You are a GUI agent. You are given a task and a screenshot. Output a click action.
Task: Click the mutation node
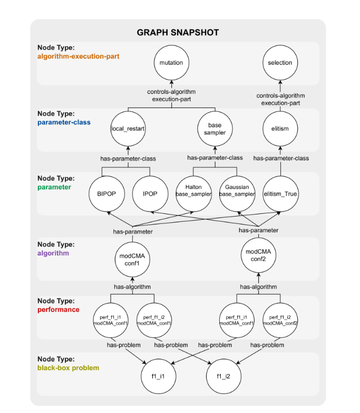tap(171, 63)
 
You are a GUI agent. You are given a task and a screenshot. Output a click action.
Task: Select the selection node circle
tap(280, 63)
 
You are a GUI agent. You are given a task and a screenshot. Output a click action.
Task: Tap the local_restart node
tap(128, 128)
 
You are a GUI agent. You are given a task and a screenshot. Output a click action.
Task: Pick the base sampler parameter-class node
tap(215, 129)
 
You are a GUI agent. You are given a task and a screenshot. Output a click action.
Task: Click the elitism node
tap(280, 128)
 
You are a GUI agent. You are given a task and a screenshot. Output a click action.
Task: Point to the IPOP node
tap(150, 194)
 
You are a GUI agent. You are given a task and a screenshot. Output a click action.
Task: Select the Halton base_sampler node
tap(193, 191)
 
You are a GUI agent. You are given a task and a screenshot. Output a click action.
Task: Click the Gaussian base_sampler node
tap(237, 191)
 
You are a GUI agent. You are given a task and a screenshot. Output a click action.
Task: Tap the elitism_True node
tap(280, 194)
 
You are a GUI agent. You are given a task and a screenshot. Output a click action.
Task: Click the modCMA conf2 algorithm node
tap(258, 255)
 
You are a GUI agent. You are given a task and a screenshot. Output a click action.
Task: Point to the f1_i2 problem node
tap(224, 377)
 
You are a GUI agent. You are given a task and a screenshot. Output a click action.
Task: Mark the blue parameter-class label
tap(64, 122)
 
